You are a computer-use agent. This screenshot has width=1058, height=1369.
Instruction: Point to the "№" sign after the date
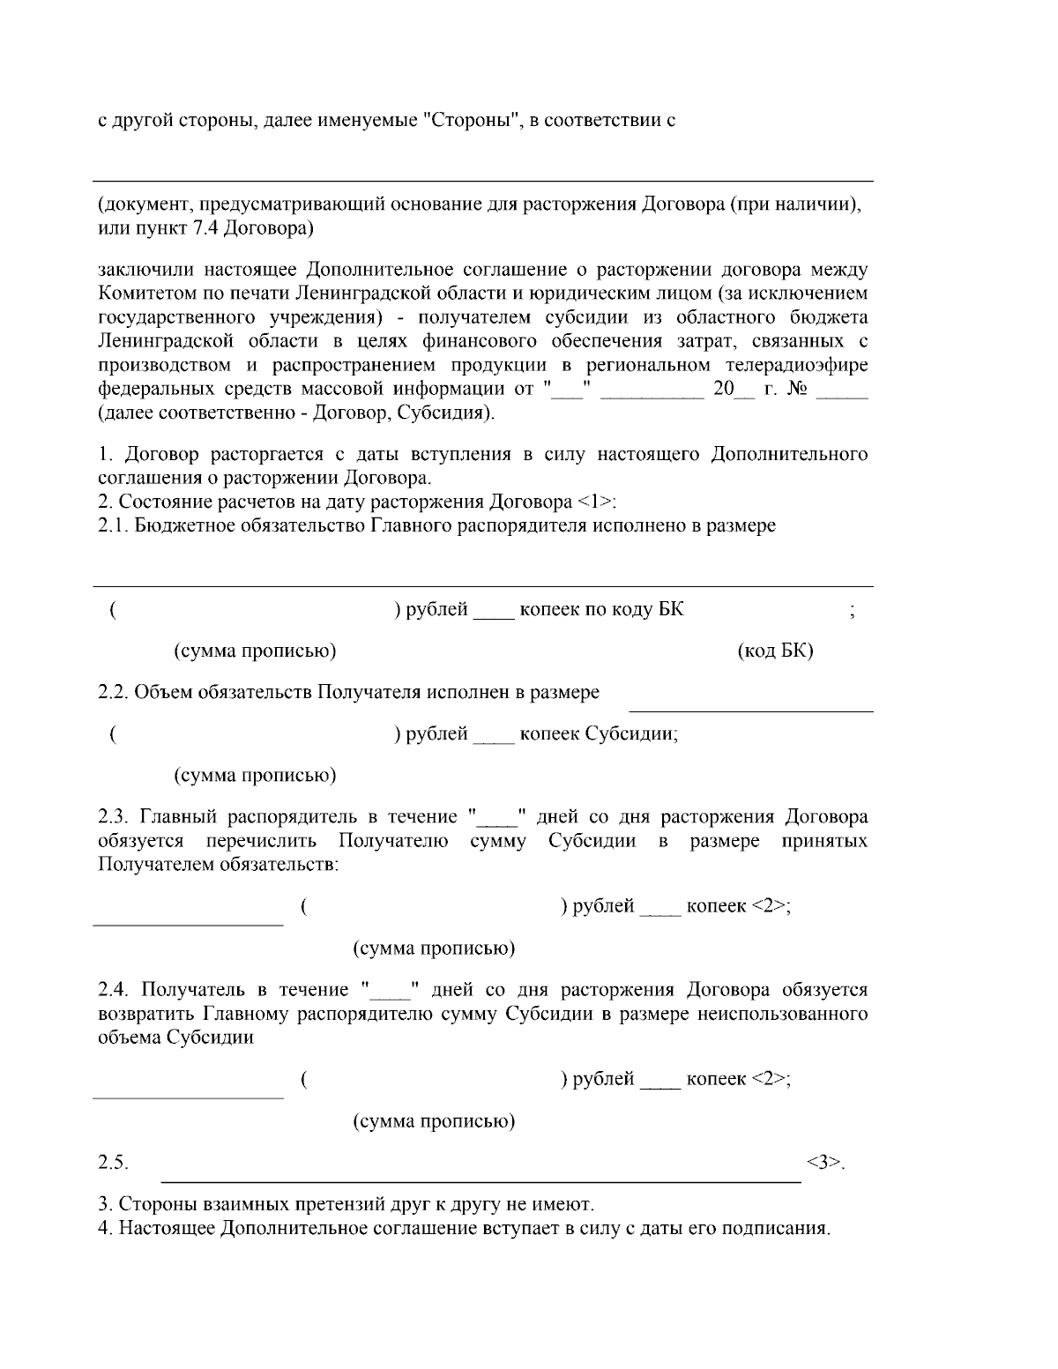tap(796, 389)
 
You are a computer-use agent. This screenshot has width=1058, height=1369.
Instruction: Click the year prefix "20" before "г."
tap(723, 389)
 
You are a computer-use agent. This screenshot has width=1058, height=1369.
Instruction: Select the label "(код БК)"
tap(774, 651)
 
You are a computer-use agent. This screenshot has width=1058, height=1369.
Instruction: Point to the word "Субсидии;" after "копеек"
tap(631, 734)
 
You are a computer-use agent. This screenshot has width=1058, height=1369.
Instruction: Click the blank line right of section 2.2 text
tap(749, 709)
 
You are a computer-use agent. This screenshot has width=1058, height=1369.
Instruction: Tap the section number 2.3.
tap(114, 817)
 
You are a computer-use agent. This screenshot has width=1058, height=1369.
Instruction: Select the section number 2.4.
tap(114, 990)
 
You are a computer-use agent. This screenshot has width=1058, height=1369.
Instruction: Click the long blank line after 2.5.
tap(480, 1178)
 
